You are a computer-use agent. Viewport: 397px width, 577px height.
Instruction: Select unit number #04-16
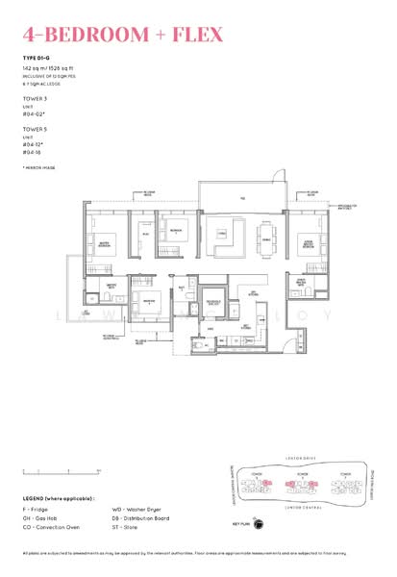[33, 151]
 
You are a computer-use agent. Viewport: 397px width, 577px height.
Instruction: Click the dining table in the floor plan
[263, 236]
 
